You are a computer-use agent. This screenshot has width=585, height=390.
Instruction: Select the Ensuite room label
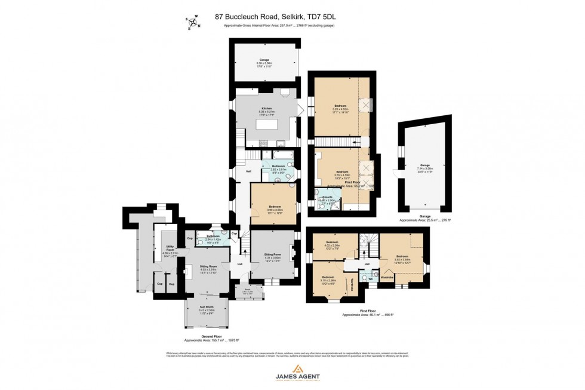pyautogui.click(x=327, y=196)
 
